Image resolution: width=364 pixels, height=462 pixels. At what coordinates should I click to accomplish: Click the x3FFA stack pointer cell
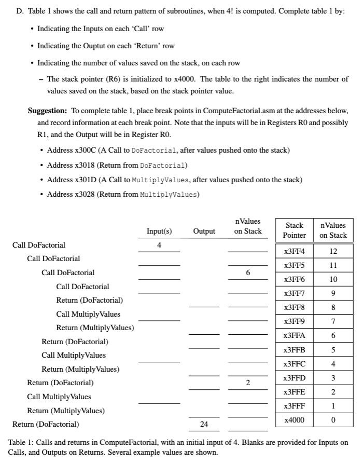(x=294, y=335)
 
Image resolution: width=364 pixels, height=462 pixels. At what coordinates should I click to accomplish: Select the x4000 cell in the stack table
(x=294, y=419)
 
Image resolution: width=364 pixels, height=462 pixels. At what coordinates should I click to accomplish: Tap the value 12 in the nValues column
(x=333, y=252)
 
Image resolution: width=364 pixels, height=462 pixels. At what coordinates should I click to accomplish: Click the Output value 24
(x=204, y=425)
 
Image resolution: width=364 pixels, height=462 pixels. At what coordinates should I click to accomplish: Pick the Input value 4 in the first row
(x=159, y=245)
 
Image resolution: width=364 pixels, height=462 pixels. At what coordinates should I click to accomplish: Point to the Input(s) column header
(x=159, y=232)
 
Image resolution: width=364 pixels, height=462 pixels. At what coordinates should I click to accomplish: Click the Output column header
(x=204, y=232)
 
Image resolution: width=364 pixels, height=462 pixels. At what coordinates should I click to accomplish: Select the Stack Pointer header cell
(x=294, y=230)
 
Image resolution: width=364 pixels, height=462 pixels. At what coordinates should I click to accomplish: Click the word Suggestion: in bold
(x=47, y=111)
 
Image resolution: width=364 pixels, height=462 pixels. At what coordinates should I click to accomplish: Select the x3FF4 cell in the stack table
(x=294, y=252)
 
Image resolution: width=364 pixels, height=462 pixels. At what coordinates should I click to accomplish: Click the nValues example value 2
(x=248, y=383)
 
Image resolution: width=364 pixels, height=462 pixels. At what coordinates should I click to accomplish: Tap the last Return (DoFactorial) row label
(x=46, y=425)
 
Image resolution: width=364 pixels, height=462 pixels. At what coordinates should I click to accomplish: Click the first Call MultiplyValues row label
(x=88, y=314)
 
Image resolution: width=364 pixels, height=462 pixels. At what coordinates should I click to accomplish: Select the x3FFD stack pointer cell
(x=294, y=377)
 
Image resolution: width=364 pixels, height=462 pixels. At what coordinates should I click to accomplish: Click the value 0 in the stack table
(x=333, y=419)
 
